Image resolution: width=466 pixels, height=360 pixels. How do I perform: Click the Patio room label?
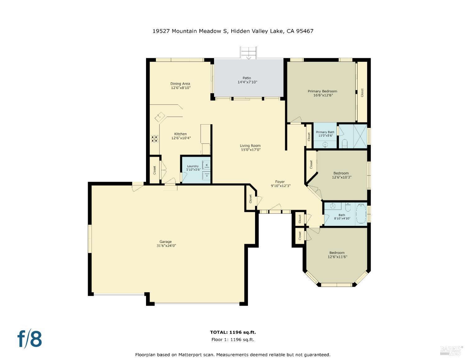pyautogui.click(x=247, y=78)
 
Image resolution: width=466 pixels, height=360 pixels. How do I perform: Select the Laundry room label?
pyautogui.click(x=193, y=166)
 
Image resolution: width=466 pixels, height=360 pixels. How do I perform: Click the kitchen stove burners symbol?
pyautogui.click(x=155, y=139)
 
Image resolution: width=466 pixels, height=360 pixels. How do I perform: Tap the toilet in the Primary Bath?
pyautogui.click(x=344, y=144)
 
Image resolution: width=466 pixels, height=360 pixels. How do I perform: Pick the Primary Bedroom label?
pyautogui.click(x=322, y=91)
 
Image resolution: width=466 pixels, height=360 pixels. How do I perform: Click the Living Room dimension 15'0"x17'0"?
pyautogui.click(x=250, y=150)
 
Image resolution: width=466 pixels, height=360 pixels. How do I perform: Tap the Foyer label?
pyautogui.click(x=280, y=182)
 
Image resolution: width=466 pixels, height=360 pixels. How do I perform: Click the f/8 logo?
pyautogui.click(x=30, y=339)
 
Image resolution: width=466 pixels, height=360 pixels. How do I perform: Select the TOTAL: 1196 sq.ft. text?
pyautogui.click(x=233, y=332)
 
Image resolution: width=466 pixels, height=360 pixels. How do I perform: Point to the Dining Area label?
pyautogui.click(x=180, y=84)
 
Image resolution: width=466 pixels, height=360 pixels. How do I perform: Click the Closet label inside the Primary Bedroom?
pyautogui.click(x=362, y=92)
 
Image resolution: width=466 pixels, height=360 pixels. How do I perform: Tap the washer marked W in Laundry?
pyautogui.click(x=206, y=165)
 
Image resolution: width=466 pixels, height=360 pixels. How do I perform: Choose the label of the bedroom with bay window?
pyautogui.click(x=337, y=253)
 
